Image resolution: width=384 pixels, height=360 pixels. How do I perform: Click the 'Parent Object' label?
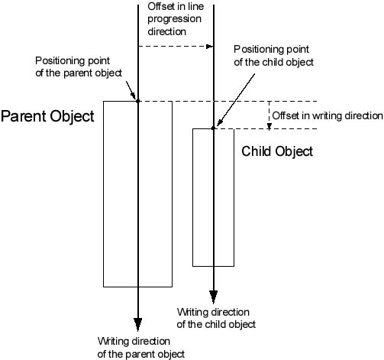click(x=47, y=117)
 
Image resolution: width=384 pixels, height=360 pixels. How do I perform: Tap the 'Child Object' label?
click(x=277, y=151)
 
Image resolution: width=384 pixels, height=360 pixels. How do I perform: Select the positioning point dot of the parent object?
click(x=138, y=101)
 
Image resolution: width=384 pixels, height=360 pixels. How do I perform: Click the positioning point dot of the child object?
click(x=213, y=128)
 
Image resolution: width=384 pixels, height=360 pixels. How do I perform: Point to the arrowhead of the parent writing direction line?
click(x=138, y=324)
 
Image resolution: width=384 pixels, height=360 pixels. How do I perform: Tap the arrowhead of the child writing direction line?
click(x=214, y=297)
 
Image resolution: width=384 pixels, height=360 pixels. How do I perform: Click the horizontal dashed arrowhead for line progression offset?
click(x=209, y=47)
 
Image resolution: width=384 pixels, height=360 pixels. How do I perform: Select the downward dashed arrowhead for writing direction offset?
click(x=269, y=126)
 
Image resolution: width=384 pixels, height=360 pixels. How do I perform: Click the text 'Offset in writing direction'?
click(x=328, y=115)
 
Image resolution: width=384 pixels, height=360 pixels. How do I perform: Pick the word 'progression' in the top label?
click(x=175, y=19)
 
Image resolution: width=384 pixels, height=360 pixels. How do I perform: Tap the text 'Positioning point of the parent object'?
click(x=79, y=66)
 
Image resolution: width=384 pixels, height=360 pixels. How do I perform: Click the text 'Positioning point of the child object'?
click(x=273, y=56)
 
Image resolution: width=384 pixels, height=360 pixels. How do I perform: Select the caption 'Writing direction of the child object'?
click(x=216, y=318)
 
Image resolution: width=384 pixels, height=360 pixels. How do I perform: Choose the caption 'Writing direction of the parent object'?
click(x=141, y=348)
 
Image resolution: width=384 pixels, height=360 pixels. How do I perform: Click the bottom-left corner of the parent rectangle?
click(x=103, y=287)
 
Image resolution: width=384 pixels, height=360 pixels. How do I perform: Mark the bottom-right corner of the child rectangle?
click(x=234, y=266)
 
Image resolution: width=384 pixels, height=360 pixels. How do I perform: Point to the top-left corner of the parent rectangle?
click(x=103, y=102)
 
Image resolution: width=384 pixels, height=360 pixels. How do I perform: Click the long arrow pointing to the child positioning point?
click(x=236, y=99)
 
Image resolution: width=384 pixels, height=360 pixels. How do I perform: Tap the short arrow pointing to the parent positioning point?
click(x=131, y=90)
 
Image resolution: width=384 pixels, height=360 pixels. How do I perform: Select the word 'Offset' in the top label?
click(x=160, y=7)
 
